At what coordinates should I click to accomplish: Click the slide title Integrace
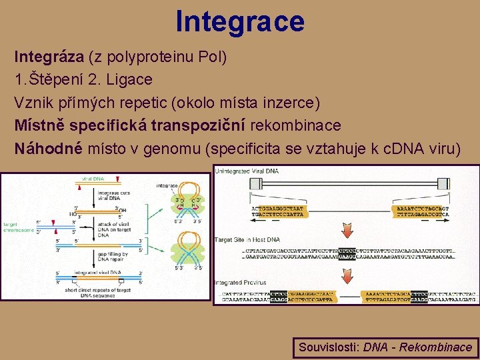(x=240, y=21)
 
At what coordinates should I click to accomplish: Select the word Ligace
(x=131, y=79)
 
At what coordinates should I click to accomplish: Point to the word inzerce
(x=291, y=102)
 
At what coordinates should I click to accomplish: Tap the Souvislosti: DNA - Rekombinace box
(x=385, y=347)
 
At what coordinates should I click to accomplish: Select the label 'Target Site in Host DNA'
(x=247, y=239)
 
